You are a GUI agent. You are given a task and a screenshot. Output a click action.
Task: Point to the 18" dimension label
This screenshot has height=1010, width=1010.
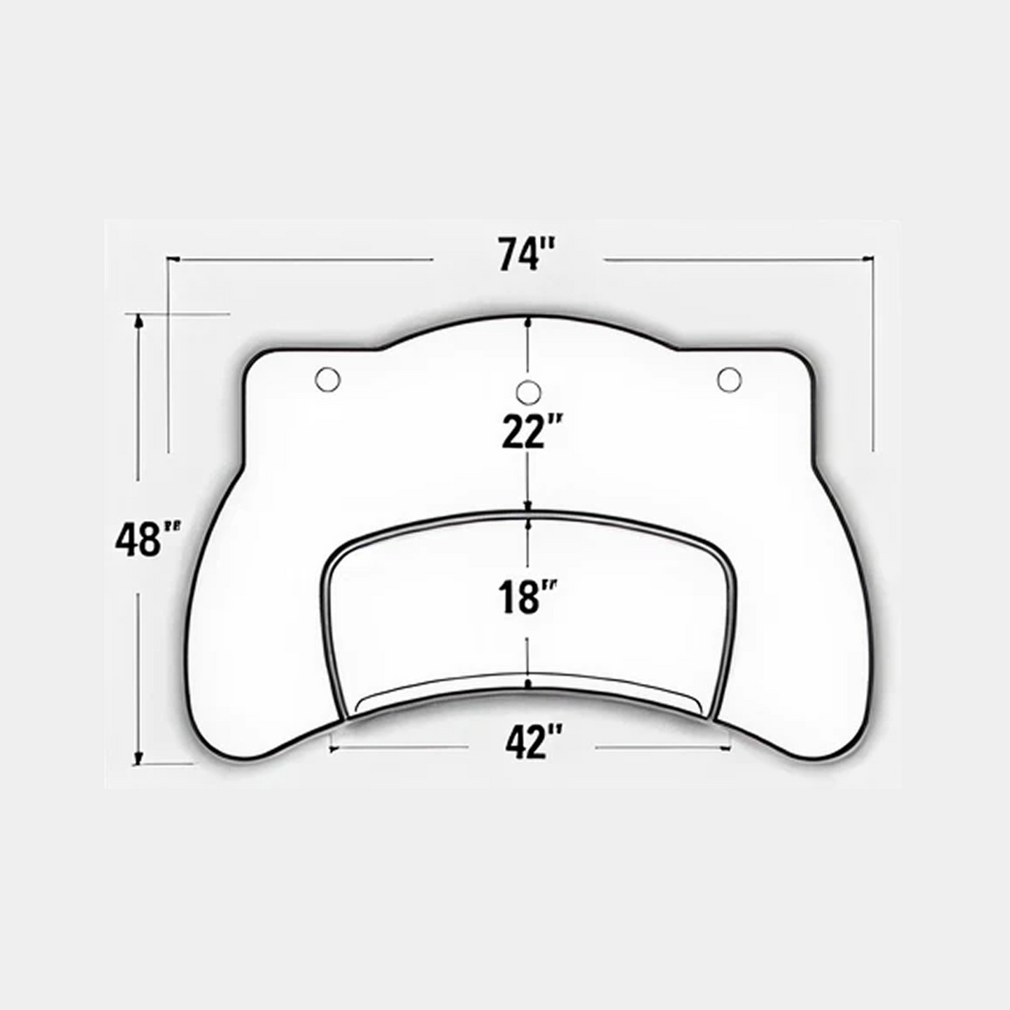point(527,597)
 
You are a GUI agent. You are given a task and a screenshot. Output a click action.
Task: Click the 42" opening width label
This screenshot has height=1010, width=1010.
point(530,741)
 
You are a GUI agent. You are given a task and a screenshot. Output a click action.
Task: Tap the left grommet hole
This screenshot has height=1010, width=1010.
point(328,379)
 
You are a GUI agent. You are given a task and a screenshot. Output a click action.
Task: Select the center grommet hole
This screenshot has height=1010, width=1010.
point(529,392)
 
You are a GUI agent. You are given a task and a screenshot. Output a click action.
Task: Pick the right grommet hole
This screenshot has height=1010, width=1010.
point(730,379)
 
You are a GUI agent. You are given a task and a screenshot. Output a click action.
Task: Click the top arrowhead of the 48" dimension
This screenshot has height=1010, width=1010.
point(139,321)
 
